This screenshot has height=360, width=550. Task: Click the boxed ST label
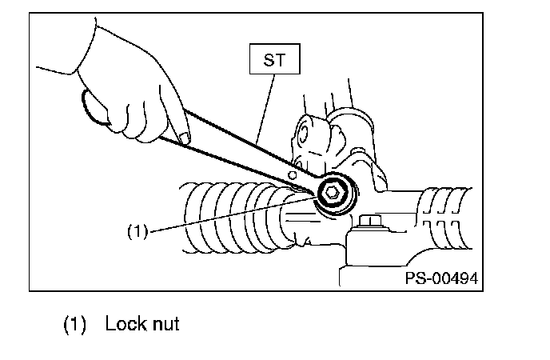(x=275, y=59)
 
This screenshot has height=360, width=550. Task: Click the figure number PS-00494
(x=441, y=278)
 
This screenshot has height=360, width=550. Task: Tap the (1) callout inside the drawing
(x=137, y=231)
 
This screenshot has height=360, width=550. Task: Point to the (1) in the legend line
(x=74, y=324)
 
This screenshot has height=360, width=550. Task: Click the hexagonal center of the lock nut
(x=331, y=192)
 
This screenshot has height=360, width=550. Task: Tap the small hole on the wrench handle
(x=292, y=174)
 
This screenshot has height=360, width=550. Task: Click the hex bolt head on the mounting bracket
(x=371, y=221)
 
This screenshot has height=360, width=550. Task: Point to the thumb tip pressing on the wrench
(x=184, y=138)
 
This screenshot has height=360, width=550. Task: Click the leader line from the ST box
(x=265, y=110)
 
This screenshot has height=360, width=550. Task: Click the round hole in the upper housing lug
(x=303, y=134)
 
